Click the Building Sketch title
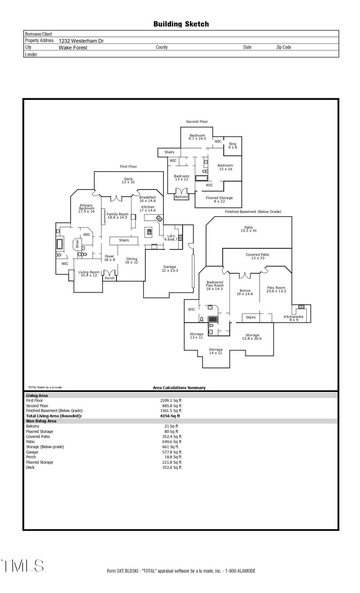181,24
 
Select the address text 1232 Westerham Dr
81,41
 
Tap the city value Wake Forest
73,47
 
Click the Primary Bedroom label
86,208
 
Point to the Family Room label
117,215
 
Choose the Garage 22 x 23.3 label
170,269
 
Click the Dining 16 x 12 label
132,260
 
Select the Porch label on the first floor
109,278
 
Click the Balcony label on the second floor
181,197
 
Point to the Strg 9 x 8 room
232,145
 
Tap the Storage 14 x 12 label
216,351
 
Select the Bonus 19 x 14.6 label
245,292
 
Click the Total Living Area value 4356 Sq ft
170,416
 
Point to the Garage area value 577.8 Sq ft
171,452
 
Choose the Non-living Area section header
41,421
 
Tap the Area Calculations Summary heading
179,388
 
